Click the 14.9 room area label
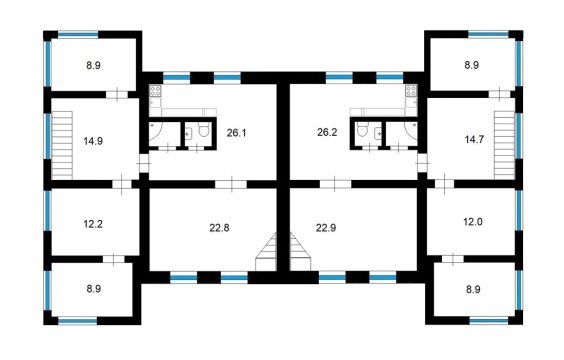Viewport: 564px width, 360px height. (x=93, y=140)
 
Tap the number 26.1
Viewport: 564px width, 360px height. (x=236, y=132)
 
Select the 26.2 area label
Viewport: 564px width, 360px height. (x=328, y=132)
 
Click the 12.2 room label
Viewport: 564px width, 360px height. (x=93, y=223)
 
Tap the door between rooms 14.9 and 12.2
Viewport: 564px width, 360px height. (x=122, y=183)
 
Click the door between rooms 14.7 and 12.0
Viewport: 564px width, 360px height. (x=443, y=183)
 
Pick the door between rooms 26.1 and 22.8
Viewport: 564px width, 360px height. (x=232, y=183)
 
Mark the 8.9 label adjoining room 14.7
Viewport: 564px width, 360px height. (x=472, y=66)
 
